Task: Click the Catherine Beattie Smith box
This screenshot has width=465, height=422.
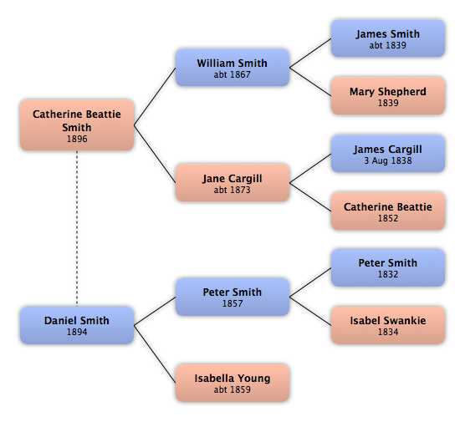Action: (77, 125)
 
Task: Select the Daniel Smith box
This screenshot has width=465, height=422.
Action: (77, 325)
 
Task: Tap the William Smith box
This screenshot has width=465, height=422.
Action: (232, 68)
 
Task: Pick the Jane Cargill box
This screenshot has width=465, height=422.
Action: (232, 183)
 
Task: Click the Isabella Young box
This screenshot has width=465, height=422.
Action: (232, 383)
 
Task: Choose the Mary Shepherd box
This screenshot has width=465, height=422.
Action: (388, 96)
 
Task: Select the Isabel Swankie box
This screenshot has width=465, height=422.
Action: (388, 325)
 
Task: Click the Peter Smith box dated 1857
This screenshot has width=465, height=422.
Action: (232, 297)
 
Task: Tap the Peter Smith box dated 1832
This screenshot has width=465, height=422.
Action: (388, 267)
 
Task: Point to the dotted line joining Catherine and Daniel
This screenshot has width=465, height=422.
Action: (77, 228)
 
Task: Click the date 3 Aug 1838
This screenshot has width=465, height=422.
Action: (388, 160)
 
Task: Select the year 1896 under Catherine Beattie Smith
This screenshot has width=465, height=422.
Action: (77, 139)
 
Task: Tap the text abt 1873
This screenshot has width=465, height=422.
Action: (232, 190)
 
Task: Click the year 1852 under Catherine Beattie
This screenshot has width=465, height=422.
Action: (388, 218)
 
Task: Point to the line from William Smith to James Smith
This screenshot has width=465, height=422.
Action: (310, 53)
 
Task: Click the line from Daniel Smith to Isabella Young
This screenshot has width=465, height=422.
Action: (155, 354)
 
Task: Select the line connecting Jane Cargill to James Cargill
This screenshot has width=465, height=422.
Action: (310, 168)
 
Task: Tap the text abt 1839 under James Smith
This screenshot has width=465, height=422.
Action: (388, 45)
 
